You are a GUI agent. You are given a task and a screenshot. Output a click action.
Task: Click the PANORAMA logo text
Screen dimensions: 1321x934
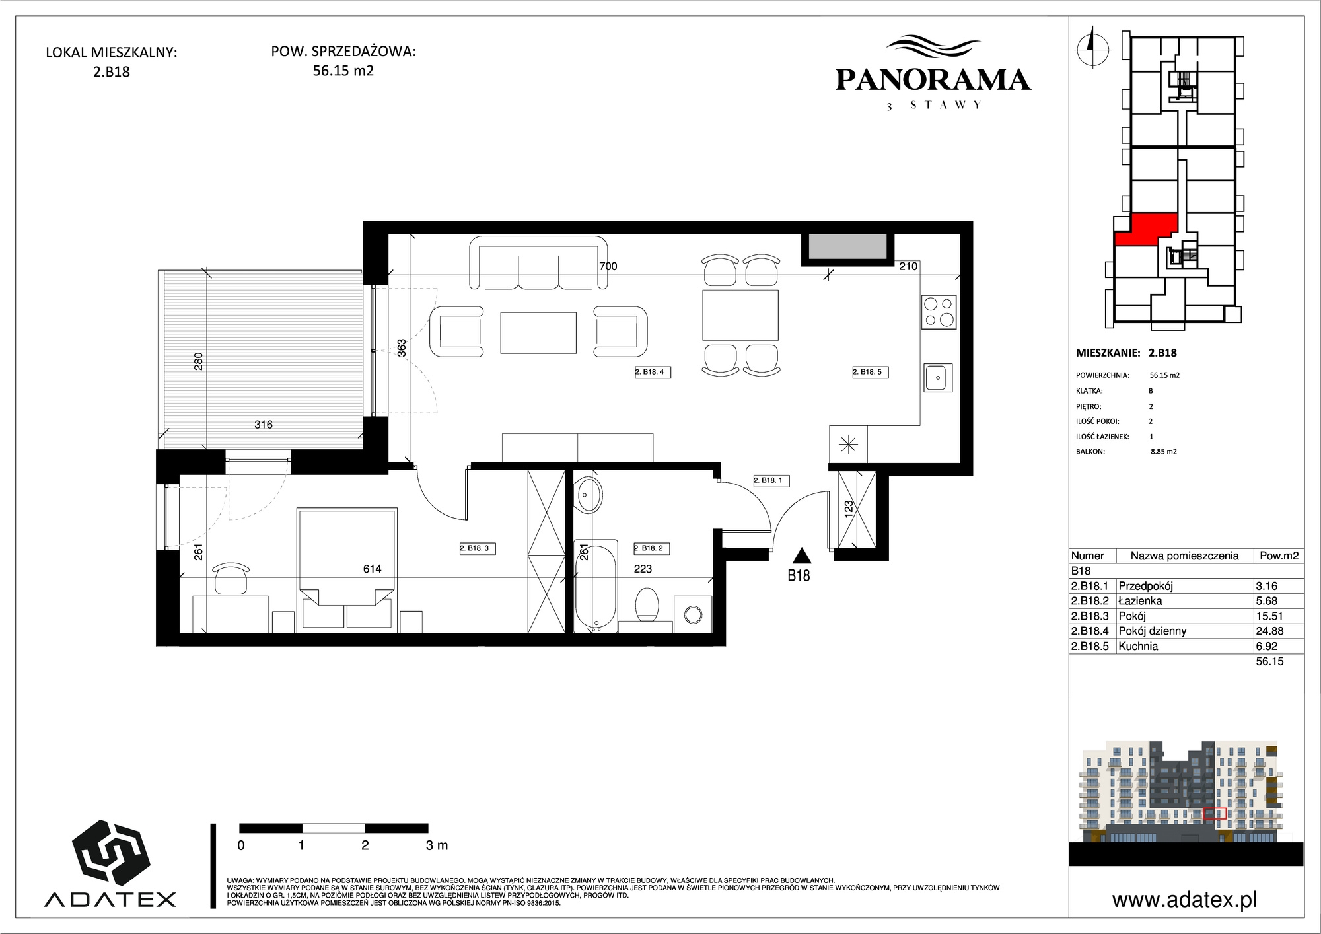click(x=933, y=80)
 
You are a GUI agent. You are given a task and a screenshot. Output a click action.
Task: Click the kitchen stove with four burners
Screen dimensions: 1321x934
click(x=939, y=312)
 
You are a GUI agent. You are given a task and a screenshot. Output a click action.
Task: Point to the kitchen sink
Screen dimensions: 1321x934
click(x=938, y=378)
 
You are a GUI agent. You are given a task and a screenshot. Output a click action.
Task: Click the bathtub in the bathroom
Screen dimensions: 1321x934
click(x=596, y=586)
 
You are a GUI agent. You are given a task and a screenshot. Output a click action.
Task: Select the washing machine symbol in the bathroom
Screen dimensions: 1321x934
click(x=693, y=614)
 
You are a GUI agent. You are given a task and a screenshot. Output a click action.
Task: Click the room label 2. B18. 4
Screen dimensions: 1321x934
click(x=652, y=372)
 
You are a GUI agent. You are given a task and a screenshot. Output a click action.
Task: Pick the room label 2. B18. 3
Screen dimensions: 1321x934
click(x=477, y=548)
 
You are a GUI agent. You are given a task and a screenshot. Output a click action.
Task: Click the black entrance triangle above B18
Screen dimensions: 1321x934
click(x=801, y=556)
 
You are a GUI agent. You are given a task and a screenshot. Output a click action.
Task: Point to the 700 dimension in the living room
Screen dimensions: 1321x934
click(x=608, y=266)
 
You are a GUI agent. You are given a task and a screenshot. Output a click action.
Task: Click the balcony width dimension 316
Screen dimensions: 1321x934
click(x=264, y=425)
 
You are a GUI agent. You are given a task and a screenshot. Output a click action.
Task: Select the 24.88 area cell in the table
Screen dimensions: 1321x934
click(x=1269, y=631)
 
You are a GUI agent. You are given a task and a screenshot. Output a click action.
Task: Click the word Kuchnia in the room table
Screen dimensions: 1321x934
click(x=1138, y=646)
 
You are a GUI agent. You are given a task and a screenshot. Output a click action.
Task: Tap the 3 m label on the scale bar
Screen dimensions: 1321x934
click(x=437, y=845)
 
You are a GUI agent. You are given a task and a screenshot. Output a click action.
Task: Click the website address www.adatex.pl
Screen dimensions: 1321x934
click(x=1184, y=900)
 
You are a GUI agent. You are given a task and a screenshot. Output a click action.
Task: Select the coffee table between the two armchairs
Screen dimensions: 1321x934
click(x=538, y=333)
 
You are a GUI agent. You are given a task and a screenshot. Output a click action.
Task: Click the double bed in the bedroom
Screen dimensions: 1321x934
click(x=347, y=568)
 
